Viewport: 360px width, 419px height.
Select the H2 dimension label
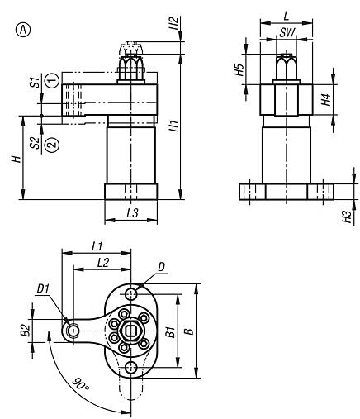[x=173, y=22]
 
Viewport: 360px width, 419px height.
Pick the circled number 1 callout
[x=51, y=80]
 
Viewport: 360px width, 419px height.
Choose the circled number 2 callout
[x=51, y=143]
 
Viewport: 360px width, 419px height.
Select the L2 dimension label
[x=103, y=262]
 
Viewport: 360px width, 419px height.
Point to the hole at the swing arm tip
[x=73, y=331]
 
